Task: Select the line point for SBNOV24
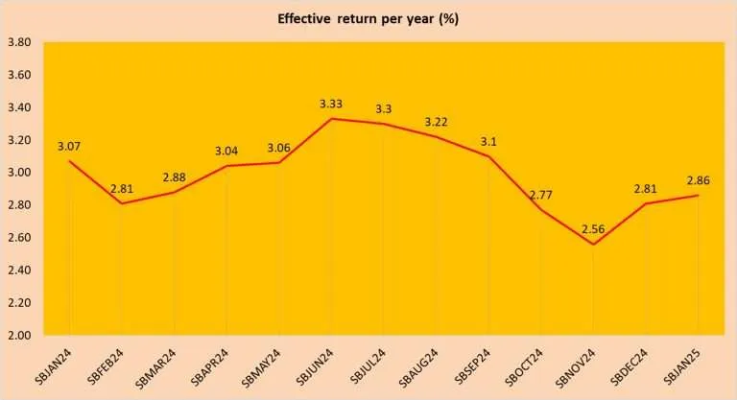tap(593, 244)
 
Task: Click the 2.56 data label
tap(593, 227)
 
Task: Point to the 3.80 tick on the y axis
tap(20, 42)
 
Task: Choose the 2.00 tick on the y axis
tap(20, 335)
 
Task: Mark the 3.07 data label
tap(70, 146)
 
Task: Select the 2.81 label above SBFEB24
tap(122, 188)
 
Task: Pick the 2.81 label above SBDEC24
tap(646, 188)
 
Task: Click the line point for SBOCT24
tap(541, 210)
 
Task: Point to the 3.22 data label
tap(437, 122)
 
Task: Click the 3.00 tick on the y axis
tap(20, 173)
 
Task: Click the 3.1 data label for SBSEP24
tap(488, 141)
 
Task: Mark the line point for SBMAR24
tap(175, 192)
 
